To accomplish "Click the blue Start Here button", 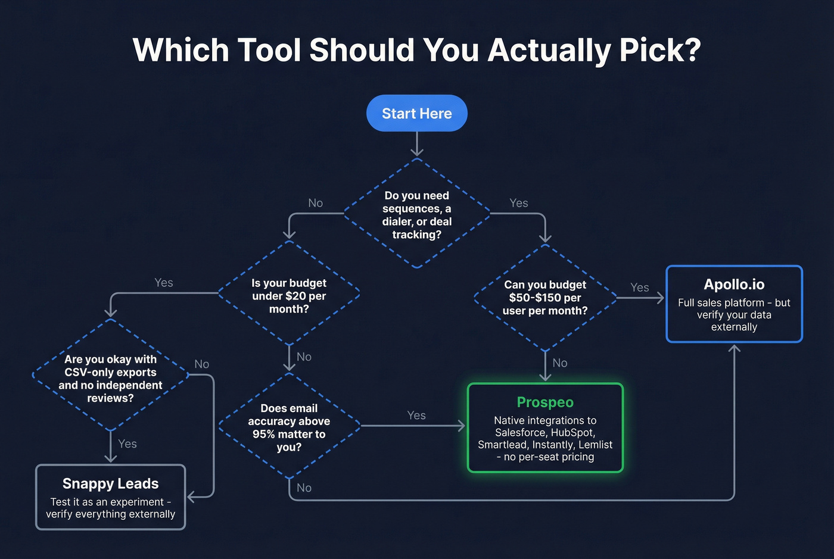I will [416, 113].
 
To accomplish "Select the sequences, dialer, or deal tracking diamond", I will [417, 214].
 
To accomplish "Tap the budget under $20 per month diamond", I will [289, 295].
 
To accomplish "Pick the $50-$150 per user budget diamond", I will [544, 297].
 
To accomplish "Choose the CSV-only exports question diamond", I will [110, 378].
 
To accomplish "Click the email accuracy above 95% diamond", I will [289, 427].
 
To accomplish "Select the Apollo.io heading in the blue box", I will [734, 285].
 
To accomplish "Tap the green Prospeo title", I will [544, 402].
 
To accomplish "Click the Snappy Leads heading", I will [110, 483].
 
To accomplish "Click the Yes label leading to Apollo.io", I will [639, 288].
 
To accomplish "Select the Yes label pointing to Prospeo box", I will [416, 415].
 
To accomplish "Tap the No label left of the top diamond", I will [315, 203].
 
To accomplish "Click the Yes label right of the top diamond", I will [518, 203].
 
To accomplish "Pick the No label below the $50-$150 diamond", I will [559, 363].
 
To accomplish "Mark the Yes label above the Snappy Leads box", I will [127, 444].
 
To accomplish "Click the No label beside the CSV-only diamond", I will [201, 364].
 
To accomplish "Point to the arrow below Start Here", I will [416, 144].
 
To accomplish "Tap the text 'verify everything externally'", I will [110, 514].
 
